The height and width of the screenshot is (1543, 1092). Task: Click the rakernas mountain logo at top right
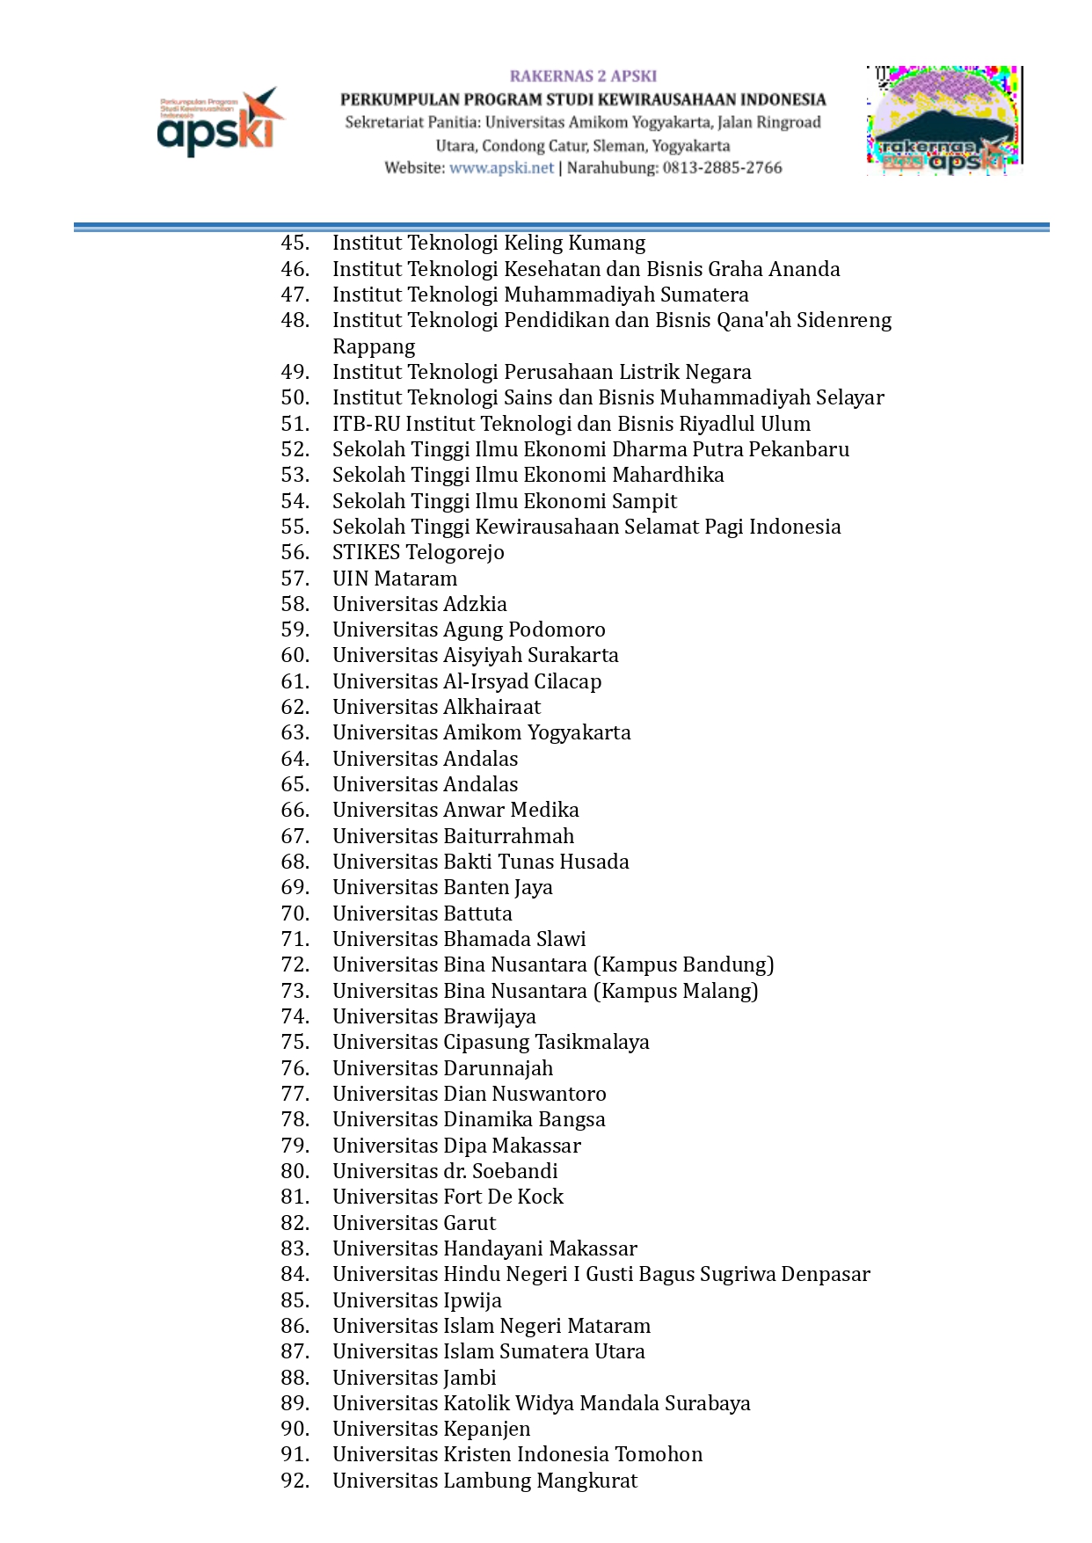tap(944, 120)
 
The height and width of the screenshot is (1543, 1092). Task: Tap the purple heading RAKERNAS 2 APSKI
tap(583, 76)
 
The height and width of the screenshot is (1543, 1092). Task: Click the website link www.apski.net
tap(501, 168)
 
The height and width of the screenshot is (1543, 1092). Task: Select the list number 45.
tap(295, 243)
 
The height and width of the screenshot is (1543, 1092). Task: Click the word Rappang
tap(374, 346)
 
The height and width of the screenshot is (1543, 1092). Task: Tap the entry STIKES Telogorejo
tap(419, 552)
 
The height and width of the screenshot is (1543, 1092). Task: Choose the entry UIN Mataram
tap(395, 579)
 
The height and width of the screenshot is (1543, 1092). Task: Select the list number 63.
tap(295, 732)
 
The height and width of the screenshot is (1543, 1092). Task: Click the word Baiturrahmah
tap(508, 836)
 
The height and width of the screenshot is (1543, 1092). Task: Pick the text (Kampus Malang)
tap(675, 991)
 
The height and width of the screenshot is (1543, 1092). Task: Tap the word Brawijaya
tap(490, 1016)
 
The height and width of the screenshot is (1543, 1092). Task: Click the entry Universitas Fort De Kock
tap(448, 1197)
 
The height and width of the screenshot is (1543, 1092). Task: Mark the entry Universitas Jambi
tap(414, 1378)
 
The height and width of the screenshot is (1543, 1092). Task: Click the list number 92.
tap(295, 1481)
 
